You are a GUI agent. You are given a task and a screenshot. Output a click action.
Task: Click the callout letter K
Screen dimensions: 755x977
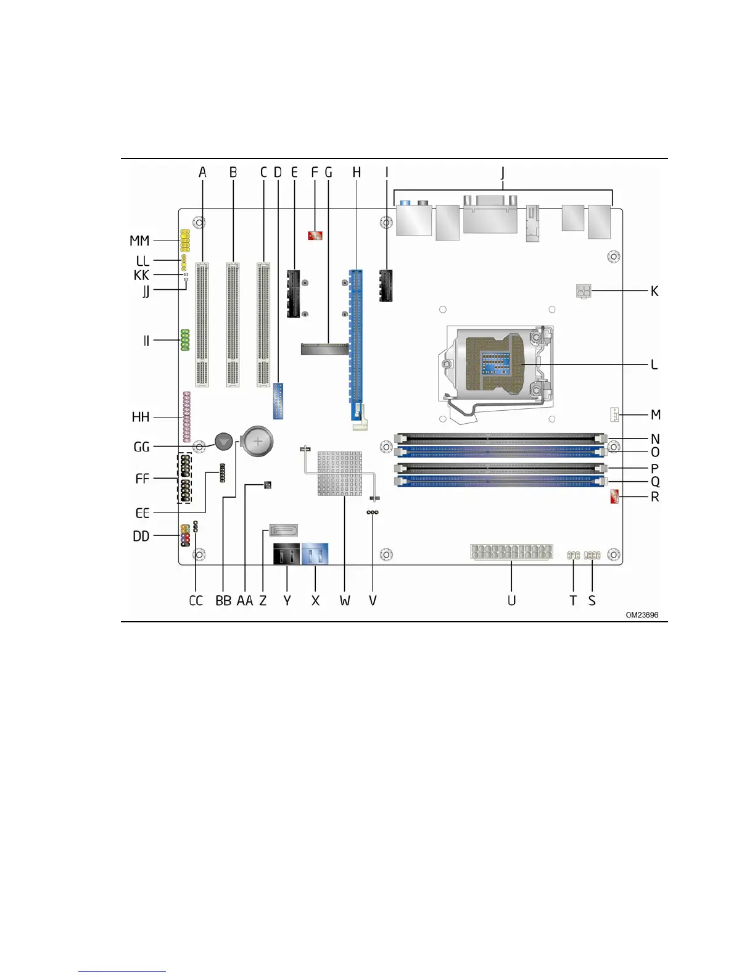pos(654,291)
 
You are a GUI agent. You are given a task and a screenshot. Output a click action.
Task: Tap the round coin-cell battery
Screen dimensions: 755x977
pos(258,442)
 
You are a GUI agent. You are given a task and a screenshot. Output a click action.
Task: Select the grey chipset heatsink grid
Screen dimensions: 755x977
pos(339,474)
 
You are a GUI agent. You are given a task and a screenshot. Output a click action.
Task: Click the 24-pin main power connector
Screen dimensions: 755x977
pos(512,551)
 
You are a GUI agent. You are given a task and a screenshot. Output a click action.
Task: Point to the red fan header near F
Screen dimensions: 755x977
pos(315,235)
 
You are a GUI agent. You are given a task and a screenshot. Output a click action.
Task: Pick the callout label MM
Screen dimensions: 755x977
pos(139,241)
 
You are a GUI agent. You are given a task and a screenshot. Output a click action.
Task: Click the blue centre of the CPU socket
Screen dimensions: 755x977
pos(496,363)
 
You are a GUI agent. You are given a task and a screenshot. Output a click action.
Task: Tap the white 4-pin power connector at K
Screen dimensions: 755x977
pos(584,291)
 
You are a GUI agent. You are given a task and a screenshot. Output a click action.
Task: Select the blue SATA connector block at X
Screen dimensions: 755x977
pos(315,554)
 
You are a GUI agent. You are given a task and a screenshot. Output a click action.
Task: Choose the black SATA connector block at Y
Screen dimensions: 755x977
pos(286,554)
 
